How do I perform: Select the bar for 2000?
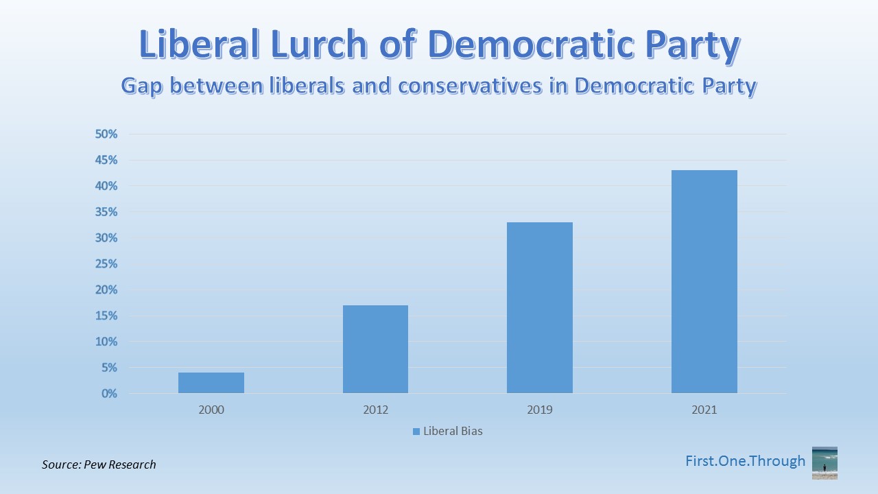click(x=211, y=383)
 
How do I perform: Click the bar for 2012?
click(x=375, y=349)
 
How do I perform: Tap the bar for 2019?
click(x=540, y=308)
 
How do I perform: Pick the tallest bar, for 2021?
click(x=704, y=282)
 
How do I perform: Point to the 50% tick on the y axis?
click(x=106, y=134)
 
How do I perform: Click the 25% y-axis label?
click(x=106, y=264)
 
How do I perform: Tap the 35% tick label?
click(x=106, y=212)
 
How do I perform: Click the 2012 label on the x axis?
click(x=375, y=410)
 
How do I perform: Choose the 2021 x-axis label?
click(x=704, y=410)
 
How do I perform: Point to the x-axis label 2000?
click(x=211, y=410)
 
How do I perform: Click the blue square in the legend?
click(x=416, y=432)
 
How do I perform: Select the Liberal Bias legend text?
click(x=453, y=432)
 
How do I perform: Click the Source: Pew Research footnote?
click(x=99, y=464)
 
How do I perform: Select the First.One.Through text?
click(x=745, y=461)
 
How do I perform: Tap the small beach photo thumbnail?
click(x=824, y=462)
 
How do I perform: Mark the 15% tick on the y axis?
click(x=106, y=316)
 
